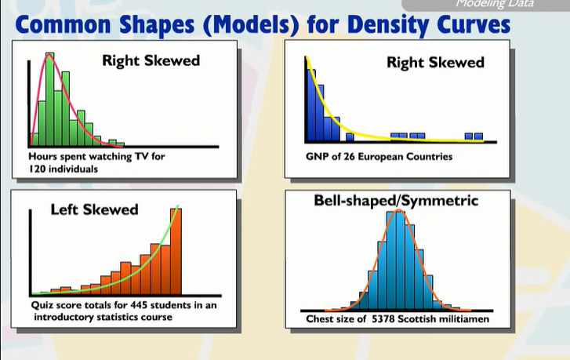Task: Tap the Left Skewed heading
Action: [x=94, y=209]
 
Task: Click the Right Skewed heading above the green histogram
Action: [x=151, y=60]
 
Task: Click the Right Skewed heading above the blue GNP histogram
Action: [x=435, y=62]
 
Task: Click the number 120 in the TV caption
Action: [x=38, y=168]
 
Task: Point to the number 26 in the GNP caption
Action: [x=344, y=156]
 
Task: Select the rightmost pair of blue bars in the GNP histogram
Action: [x=473, y=136]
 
